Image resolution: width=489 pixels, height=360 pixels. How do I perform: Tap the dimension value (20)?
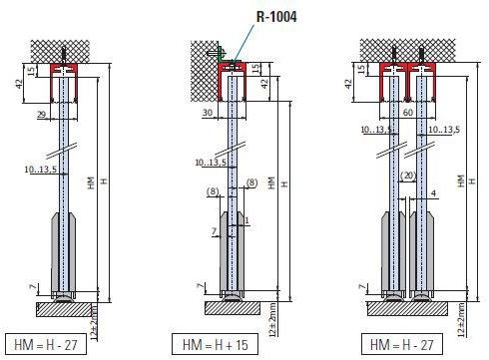407,176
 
